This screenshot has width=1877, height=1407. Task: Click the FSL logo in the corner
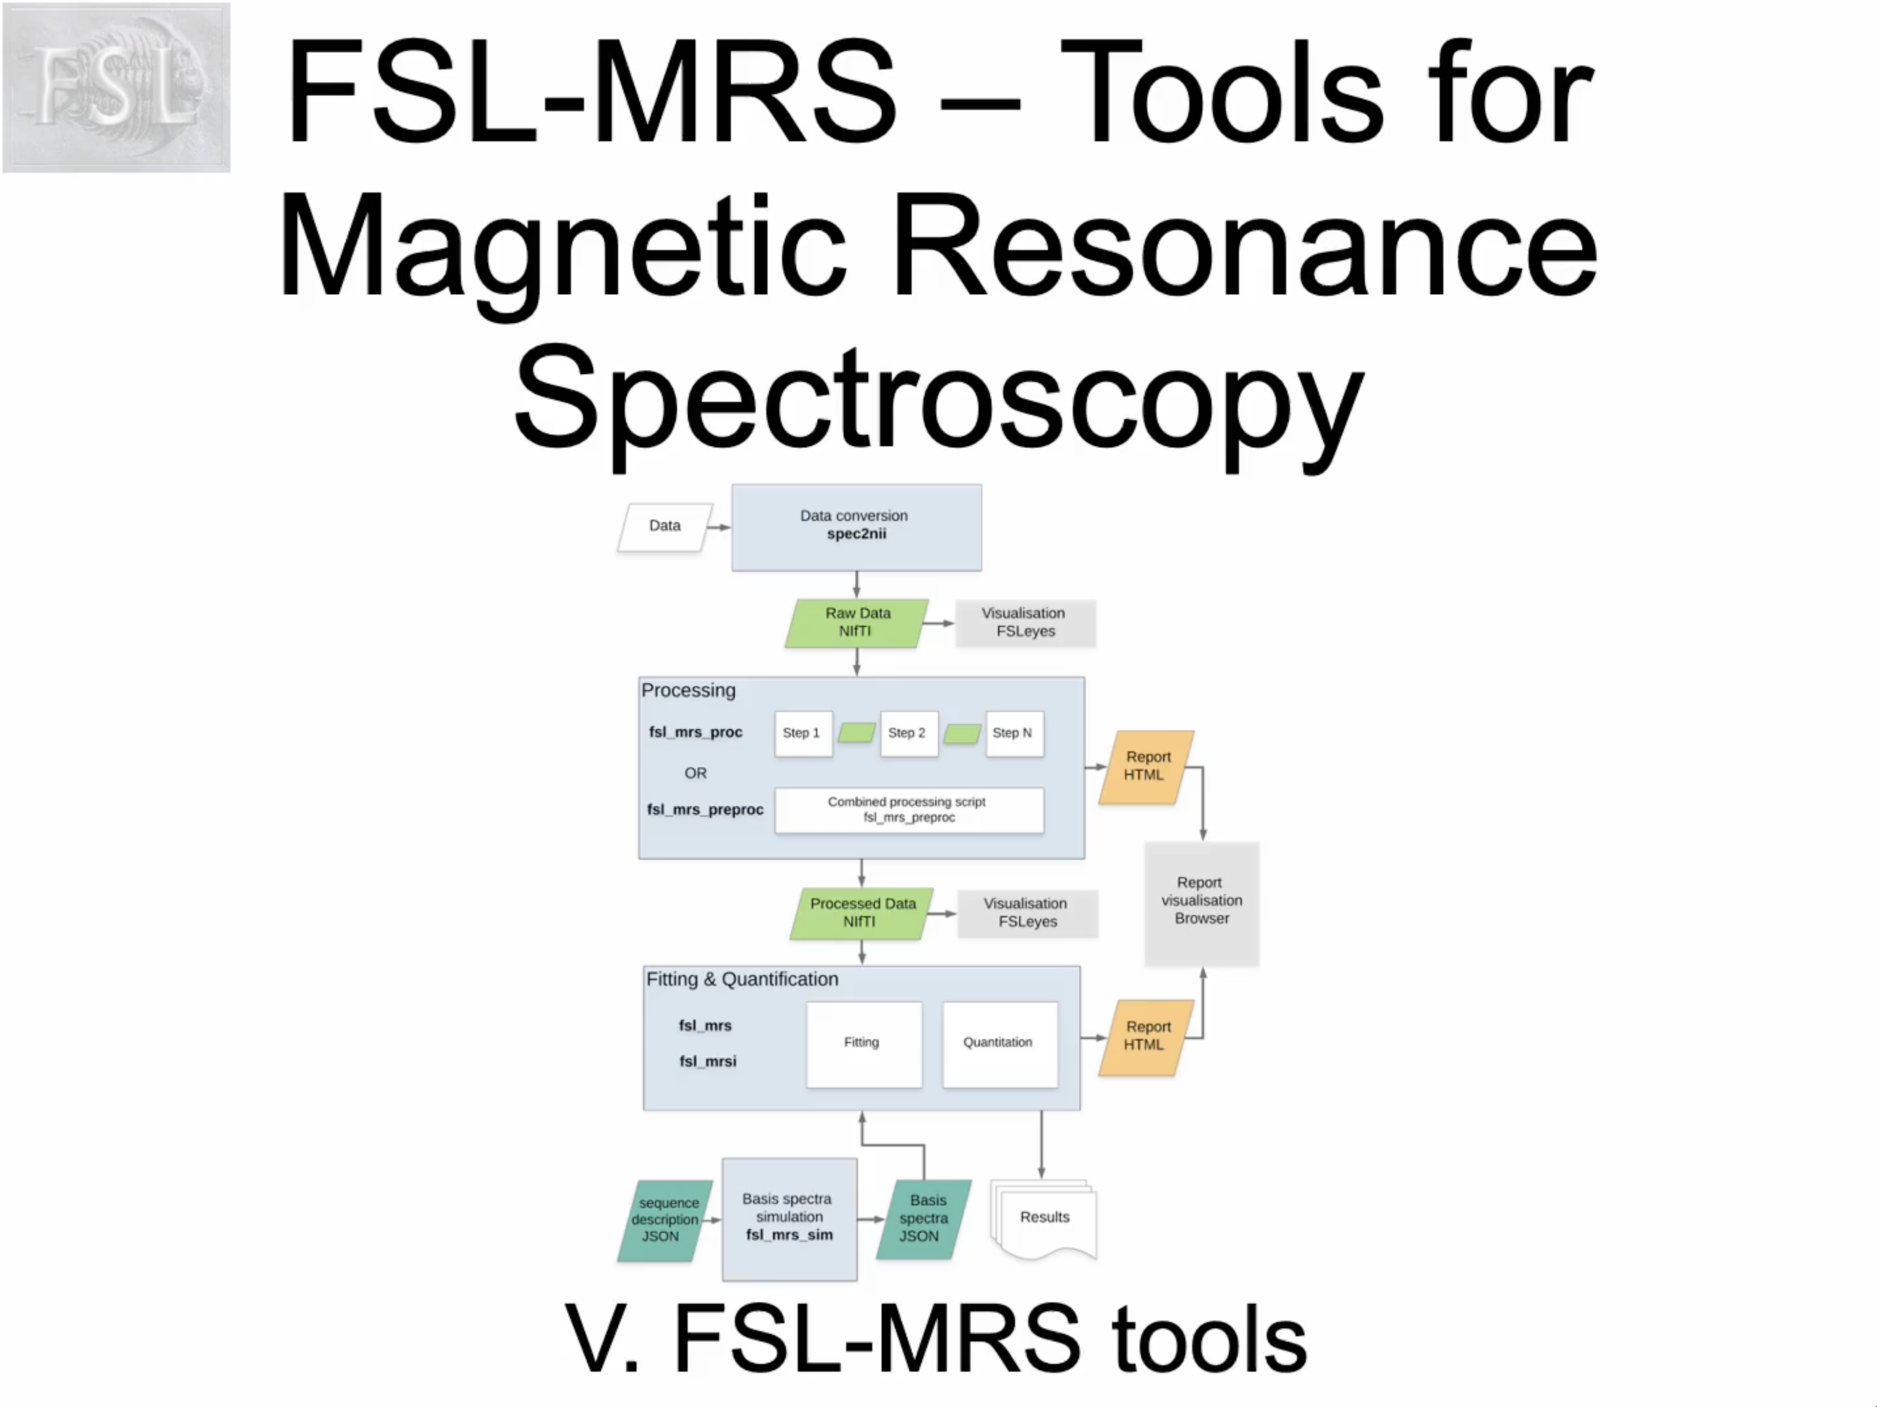pos(117,87)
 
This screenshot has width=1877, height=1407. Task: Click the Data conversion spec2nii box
pos(856,527)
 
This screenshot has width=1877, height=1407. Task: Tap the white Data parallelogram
pos(665,527)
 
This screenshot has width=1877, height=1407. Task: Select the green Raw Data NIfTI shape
pos(856,622)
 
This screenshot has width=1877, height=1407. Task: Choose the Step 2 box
pos(908,733)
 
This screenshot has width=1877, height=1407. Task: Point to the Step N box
pos(1013,733)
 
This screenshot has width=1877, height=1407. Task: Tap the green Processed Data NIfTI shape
pos(861,912)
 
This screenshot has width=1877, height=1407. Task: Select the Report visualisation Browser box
pos(1200,902)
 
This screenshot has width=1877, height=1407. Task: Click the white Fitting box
pos(863,1043)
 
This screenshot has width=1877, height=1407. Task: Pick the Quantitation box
pos(999,1043)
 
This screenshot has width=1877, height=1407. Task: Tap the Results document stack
pos(1045,1218)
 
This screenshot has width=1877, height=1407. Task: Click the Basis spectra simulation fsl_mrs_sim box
pos(789,1218)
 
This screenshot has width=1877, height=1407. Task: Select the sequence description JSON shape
pos(665,1220)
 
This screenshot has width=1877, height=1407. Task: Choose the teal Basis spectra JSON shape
pos(923,1219)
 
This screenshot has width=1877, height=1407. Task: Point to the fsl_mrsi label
pos(708,1061)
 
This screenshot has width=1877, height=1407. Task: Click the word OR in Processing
pos(695,773)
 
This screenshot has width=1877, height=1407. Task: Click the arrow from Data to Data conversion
pos(718,527)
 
